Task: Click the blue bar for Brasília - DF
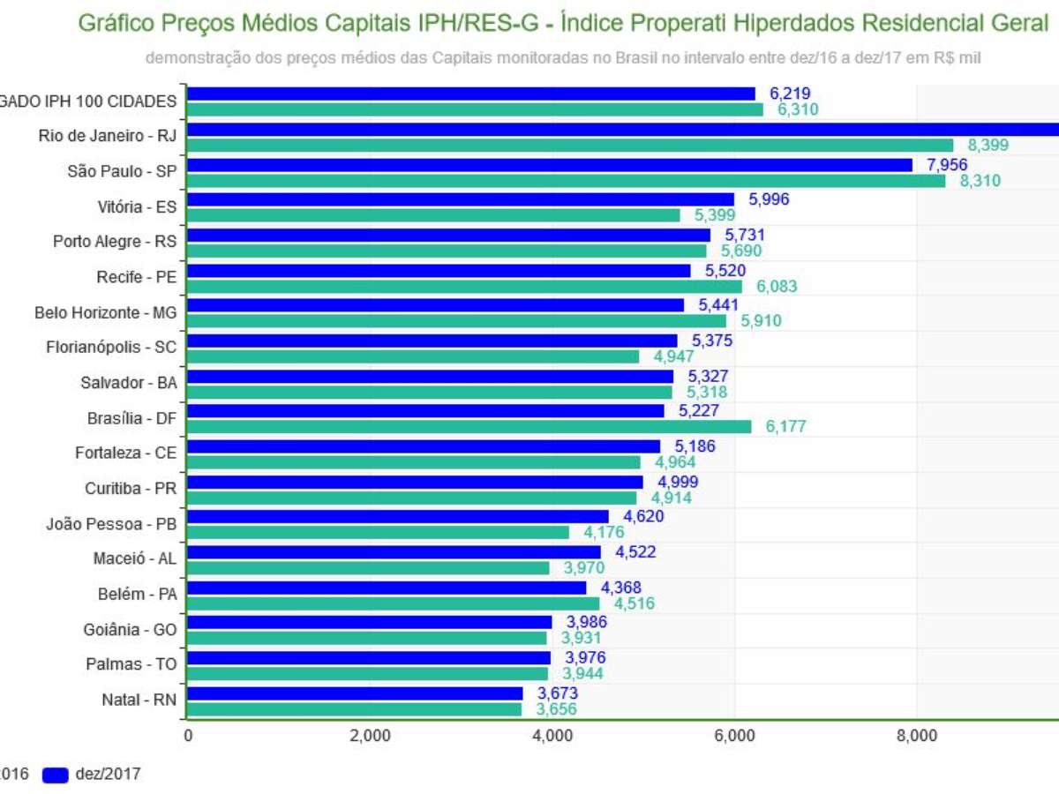pyautogui.click(x=425, y=410)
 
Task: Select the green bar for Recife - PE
pyautogui.click(x=464, y=286)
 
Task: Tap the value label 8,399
pyautogui.click(x=988, y=146)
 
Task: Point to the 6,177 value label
pyautogui.click(x=785, y=427)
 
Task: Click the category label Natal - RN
pyautogui.click(x=139, y=700)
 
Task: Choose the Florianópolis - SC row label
pyautogui.click(x=111, y=348)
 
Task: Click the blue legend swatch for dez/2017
pyautogui.click(x=55, y=775)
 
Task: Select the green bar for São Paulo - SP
pyautogui.click(x=566, y=180)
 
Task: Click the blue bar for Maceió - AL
pyautogui.click(x=394, y=551)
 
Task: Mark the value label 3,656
pyautogui.click(x=556, y=709)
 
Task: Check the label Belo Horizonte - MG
pyautogui.click(x=106, y=312)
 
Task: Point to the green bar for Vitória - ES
pyautogui.click(x=433, y=215)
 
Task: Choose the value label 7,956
pyautogui.click(x=948, y=164)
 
